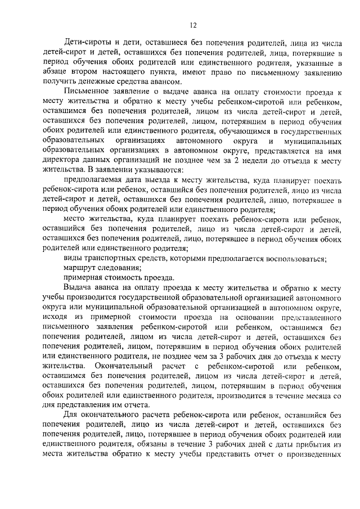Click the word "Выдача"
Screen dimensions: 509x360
(x=78, y=287)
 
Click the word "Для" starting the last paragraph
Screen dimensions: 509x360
(x=71, y=416)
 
